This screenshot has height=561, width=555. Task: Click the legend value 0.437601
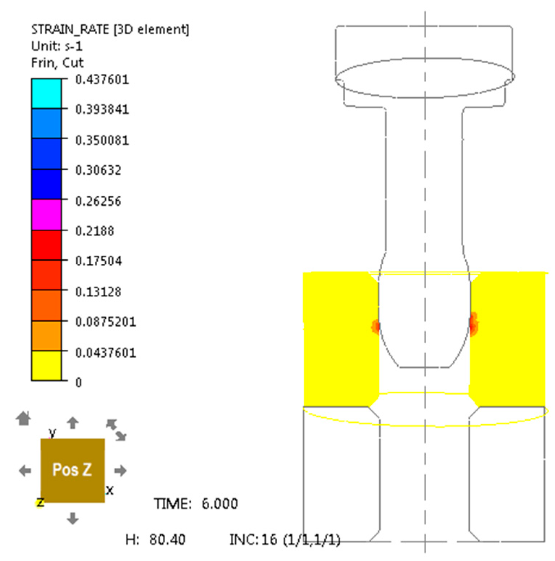pyautogui.click(x=102, y=80)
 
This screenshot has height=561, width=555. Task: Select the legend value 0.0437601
pyautogui.click(x=106, y=353)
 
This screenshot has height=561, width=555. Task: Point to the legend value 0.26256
pyautogui.click(x=98, y=201)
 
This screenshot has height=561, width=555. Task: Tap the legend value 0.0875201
pyautogui.click(x=106, y=322)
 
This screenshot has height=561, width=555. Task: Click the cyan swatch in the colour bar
pyautogui.click(x=46, y=94)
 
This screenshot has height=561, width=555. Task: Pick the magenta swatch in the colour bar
pyautogui.click(x=46, y=215)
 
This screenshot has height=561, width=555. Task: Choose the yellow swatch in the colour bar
pyautogui.click(x=46, y=366)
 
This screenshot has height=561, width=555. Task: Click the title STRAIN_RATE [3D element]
pyautogui.click(x=110, y=29)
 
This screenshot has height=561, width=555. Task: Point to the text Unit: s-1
pyautogui.click(x=57, y=46)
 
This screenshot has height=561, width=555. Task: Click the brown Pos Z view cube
pyautogui.click(x=72, y=470)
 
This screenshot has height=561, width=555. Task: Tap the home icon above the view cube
pyautogui.click(x=24, y=418)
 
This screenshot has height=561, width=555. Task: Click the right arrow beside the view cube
pyautogui.click(x=120, y=471)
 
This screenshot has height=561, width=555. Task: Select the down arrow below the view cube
pyautogui.click(x=73, y=518)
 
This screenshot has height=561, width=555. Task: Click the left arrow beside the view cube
pyautogui.click(x=25, y=471)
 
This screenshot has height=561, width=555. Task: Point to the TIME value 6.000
pyautogui.click(x=219, y=503)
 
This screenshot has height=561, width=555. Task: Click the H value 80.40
pyautogui.click(x=167, y=539)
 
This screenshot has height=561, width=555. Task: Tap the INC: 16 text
pyautogui.click(x=253, y=539)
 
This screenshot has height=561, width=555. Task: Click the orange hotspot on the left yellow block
pyautogui.click(x=376, y=327)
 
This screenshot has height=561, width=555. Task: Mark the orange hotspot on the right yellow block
pyautogui.click(x=474, y=323)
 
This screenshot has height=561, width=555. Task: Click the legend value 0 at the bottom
pyautogui.click(x=78, y=383)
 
